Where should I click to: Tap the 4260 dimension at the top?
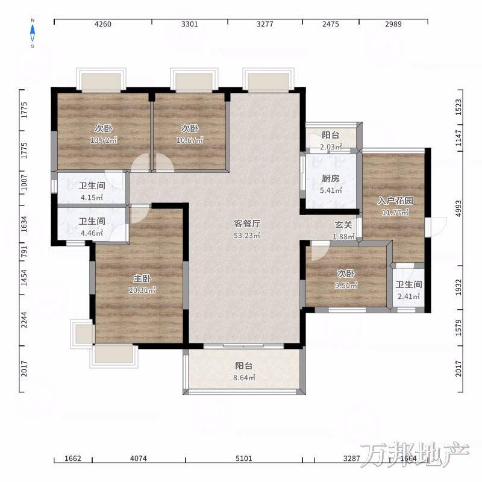point(102,24)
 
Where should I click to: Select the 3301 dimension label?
point(189,24)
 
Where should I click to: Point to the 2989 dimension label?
point(393,24)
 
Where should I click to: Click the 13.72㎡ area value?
point(104,140)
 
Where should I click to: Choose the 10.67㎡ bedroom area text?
point(190,140)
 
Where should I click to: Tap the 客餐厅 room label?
point(247,224)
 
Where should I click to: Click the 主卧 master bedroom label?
point(142,278)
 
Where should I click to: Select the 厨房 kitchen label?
point(330,178)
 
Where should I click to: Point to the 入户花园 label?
point(395,201)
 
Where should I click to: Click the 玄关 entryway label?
point(343,225)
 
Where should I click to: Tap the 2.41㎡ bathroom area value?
point(408,296)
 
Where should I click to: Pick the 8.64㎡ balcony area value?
point(244,378)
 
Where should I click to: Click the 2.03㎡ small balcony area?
point(331,147)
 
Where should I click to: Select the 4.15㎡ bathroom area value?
point(92,198)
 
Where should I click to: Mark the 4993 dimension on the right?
point(459,208)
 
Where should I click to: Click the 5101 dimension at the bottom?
point(244,459)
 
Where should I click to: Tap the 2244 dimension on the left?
point(23,320)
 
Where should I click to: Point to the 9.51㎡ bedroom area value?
point(346,286)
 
